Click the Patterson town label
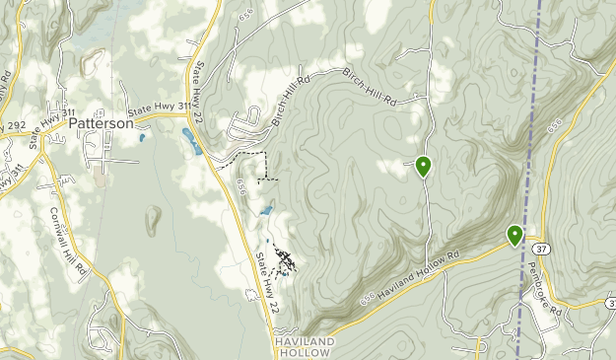point(101,124)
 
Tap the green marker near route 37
point(514,235)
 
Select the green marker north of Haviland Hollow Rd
point(423,166)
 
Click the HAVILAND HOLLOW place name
point(305,346)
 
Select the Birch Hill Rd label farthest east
point(370,88)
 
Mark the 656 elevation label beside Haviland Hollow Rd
point(368,300)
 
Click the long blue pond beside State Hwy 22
point(192,141)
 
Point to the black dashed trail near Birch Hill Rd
point(254,158)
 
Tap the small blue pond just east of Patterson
point(142,137)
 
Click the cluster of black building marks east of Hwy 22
point(285,260)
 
